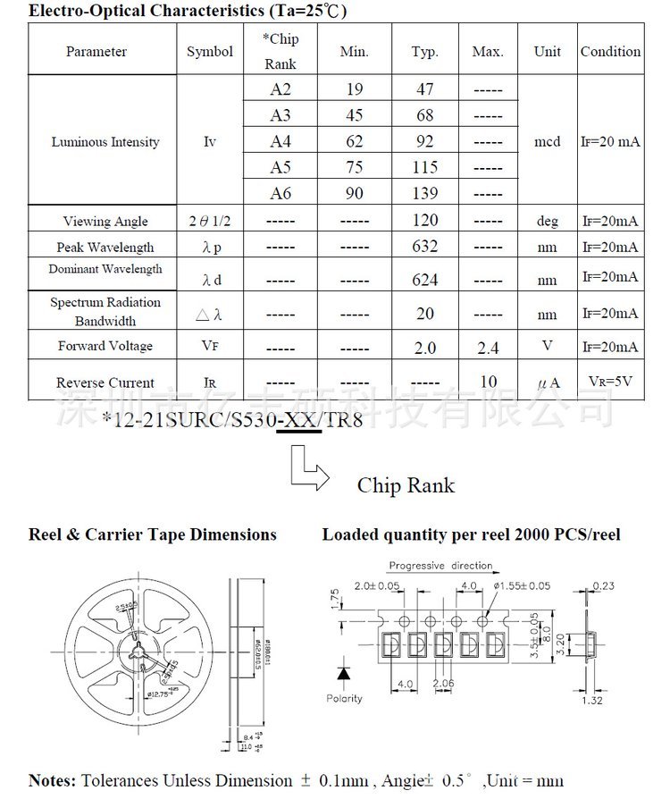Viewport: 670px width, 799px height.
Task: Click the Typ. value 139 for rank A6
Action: pyautogui.click(x=425, y=194)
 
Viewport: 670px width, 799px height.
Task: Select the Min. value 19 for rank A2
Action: pyautogui.click(x=354, y=89)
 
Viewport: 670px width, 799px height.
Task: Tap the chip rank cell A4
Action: pyautogui.click(x=281, y=141)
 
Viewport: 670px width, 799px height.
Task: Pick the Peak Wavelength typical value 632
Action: pyautogui.click(x=425, y=248)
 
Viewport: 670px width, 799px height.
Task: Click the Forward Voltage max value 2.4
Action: pyautogui.click(x=488, y=347)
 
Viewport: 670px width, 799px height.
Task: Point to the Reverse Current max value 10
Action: pyautogui.click(x=488, y=383)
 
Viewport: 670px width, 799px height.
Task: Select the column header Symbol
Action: pyautogui.click(x=210, y=52)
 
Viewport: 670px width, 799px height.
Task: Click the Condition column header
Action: pyautogui.click(x=610, y=52)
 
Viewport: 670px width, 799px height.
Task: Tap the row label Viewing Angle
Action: pyautogui.click(x=105, y=221)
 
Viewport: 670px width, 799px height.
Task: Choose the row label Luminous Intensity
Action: pyautogui.click(x=105, y=142)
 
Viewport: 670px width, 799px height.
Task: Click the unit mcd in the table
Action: pyautogui.click(x=547, y=142)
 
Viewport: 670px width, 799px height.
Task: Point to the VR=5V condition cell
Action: pyautogui.click(x=610, y=382)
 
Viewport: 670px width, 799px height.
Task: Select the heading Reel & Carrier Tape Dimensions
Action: pyautogui.click(x=153, y=534)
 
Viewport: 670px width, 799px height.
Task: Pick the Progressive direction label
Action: pyautogui.click(x=440, y=565)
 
